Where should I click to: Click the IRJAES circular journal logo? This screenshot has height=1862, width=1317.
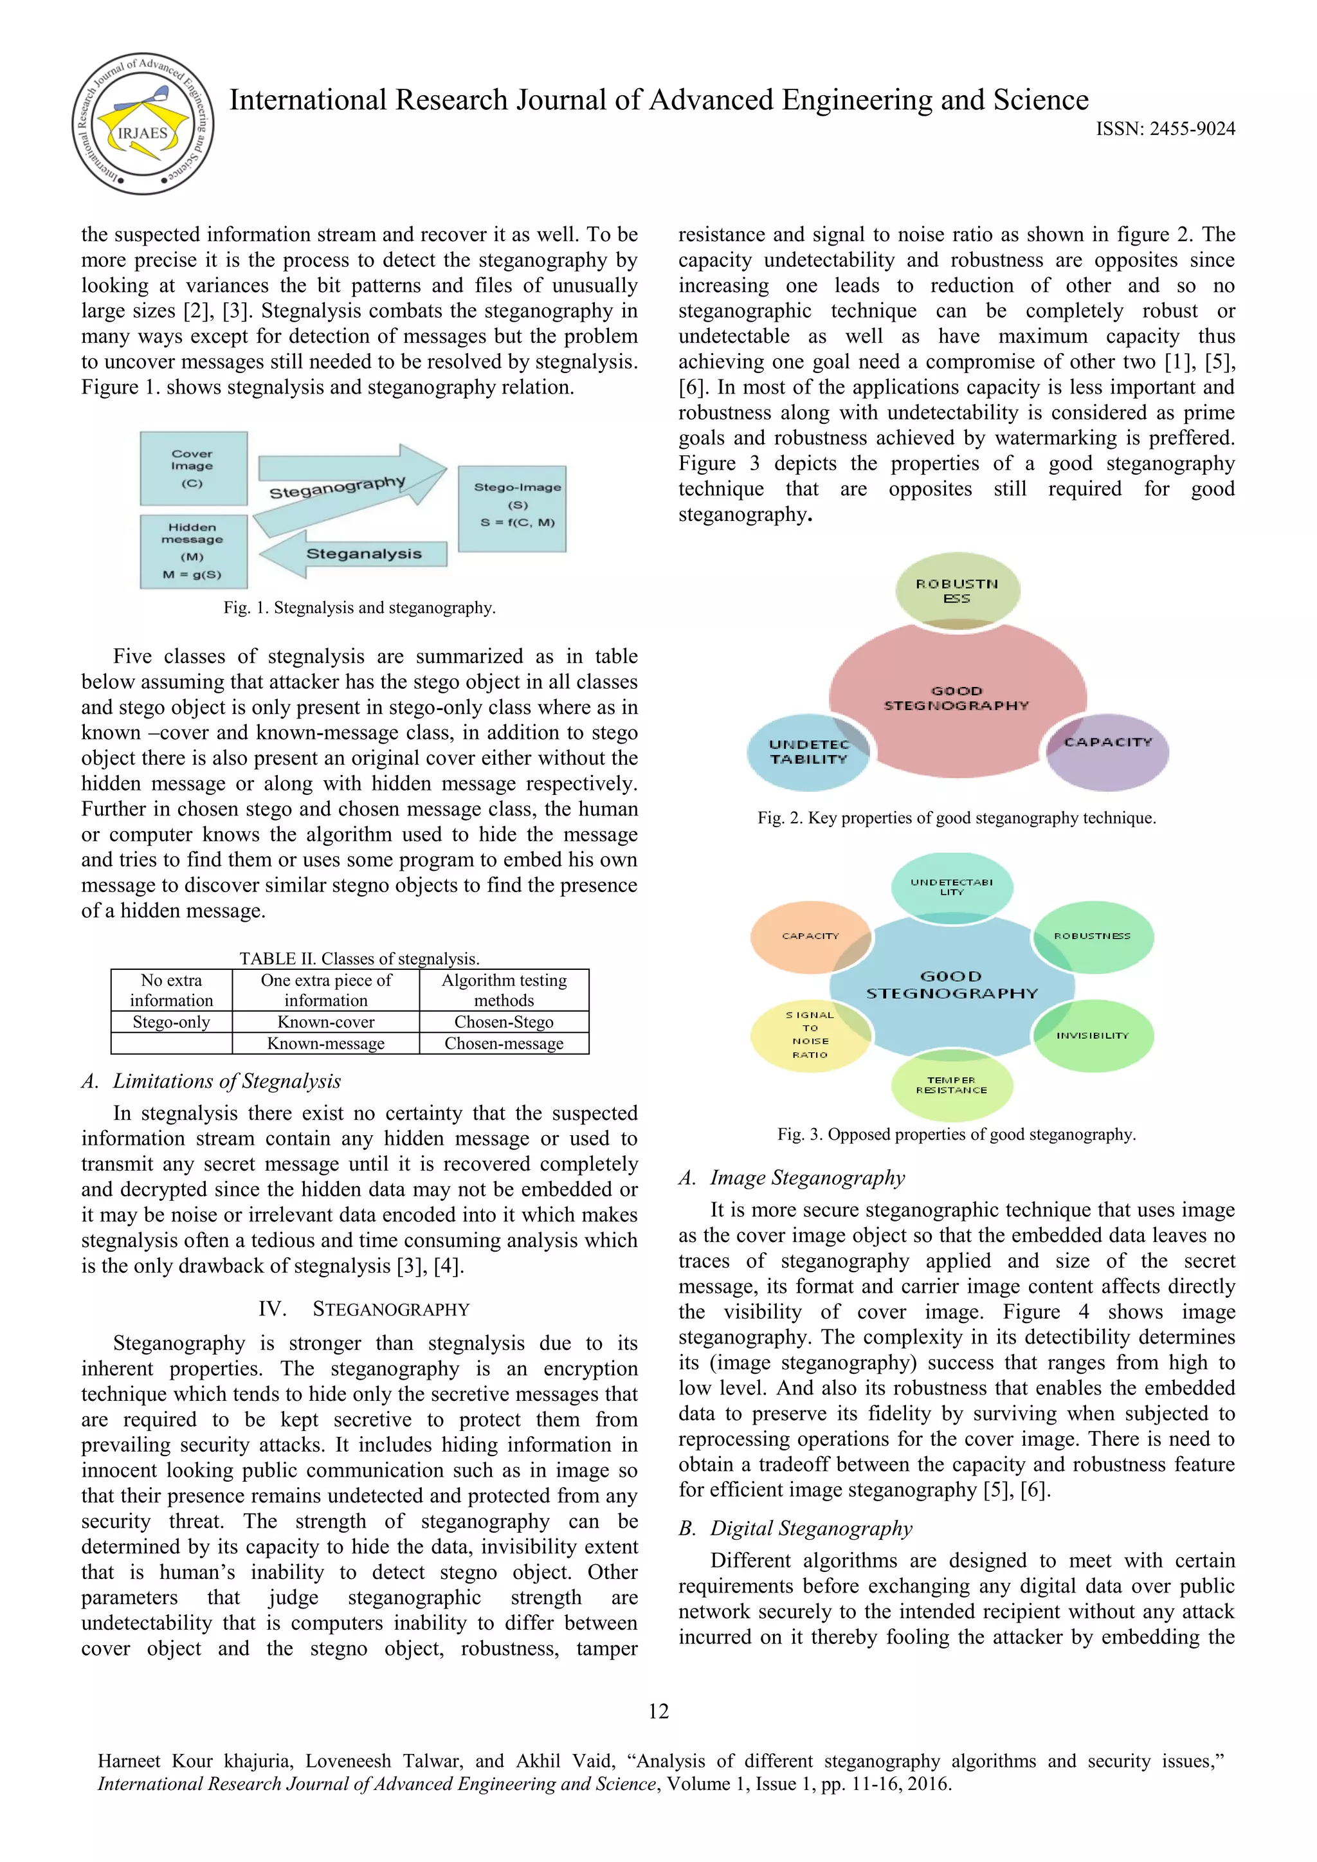click(143, 124)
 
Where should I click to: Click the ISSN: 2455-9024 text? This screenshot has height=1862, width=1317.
click(1165, 129)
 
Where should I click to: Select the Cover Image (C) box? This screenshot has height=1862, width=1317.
click(193, 469)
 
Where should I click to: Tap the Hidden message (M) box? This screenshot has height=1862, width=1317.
click(193, 551)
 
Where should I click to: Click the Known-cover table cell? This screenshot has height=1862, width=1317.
click(326, 1022)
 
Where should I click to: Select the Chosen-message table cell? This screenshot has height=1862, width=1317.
click(504, 1044)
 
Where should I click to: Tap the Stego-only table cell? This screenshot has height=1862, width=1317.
click(171, 1022)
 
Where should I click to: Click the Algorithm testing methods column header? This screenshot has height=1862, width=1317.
click(504, 990)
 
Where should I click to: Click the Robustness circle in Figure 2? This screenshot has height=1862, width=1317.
click(957, 590)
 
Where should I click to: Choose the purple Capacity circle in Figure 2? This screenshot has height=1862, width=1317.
click(1108, 751)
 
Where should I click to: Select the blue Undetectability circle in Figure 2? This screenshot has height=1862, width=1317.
click(808, 752)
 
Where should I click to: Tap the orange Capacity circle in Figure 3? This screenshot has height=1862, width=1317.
click(810, 936)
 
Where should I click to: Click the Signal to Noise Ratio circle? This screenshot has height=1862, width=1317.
click(810, 1035)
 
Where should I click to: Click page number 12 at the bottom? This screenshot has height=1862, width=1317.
click(658, 1711)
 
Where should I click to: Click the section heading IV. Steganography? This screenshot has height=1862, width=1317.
click(363, 1309)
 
